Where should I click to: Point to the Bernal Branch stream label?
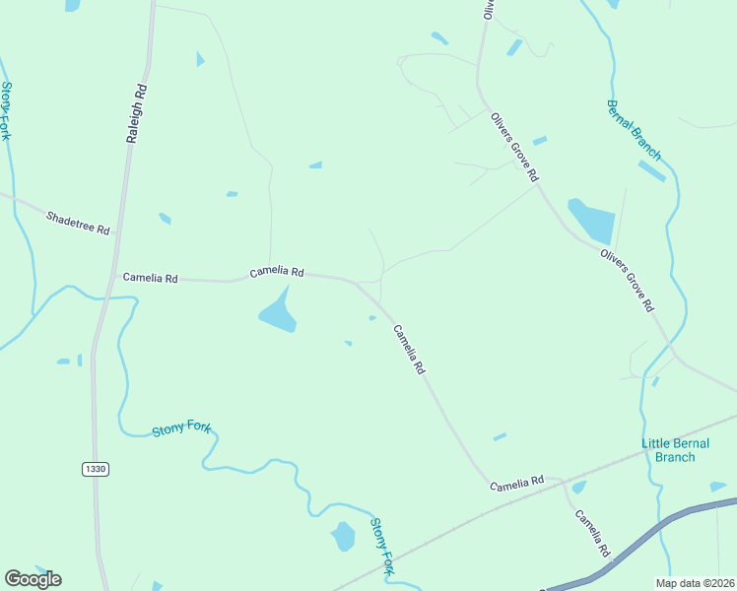634,129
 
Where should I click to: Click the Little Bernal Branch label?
681,450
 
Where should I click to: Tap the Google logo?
33,579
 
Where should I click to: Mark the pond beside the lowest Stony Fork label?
343,537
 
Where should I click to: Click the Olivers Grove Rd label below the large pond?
627,280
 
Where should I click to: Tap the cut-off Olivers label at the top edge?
487,9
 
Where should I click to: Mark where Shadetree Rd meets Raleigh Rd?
116,234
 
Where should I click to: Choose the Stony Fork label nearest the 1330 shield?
181,430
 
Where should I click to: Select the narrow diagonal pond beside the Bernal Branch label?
651,170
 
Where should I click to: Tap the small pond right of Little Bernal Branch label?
718,486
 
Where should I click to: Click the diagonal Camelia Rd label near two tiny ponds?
409,349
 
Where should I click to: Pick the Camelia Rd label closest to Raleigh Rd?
150,279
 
